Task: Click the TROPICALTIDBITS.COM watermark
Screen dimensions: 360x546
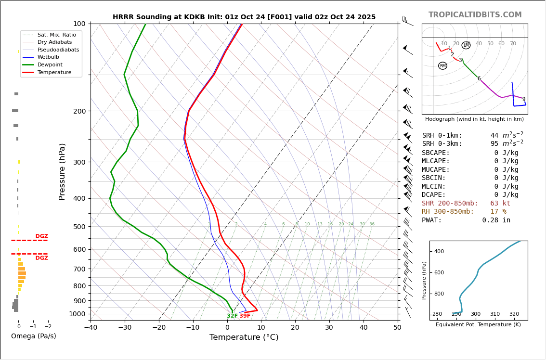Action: pos(475,15)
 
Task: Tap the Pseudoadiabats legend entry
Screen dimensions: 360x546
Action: pos(58,50)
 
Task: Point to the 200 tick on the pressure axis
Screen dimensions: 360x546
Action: pos(79,111)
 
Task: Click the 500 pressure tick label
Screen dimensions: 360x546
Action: pos(79,227)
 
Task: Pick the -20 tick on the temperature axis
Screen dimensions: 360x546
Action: pos(159,328)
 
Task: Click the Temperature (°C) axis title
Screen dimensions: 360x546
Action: pos(244,337)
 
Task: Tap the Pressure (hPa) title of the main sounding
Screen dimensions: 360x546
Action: pos(62,171)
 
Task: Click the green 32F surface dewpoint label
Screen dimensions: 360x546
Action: pos(232,316)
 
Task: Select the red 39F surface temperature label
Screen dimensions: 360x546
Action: pos(245,316)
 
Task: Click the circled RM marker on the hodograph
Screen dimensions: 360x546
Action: pos(442,66)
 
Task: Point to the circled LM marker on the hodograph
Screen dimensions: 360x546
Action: pos(466,45)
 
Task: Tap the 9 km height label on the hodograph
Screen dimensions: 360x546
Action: pos(524,99)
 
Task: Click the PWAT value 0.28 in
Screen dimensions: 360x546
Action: pos(496,220)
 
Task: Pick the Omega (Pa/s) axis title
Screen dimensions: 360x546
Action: pos(33,336)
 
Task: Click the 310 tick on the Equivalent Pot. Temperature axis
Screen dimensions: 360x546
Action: pos(495,314)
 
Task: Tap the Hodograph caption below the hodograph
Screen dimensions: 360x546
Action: pos(474,119)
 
